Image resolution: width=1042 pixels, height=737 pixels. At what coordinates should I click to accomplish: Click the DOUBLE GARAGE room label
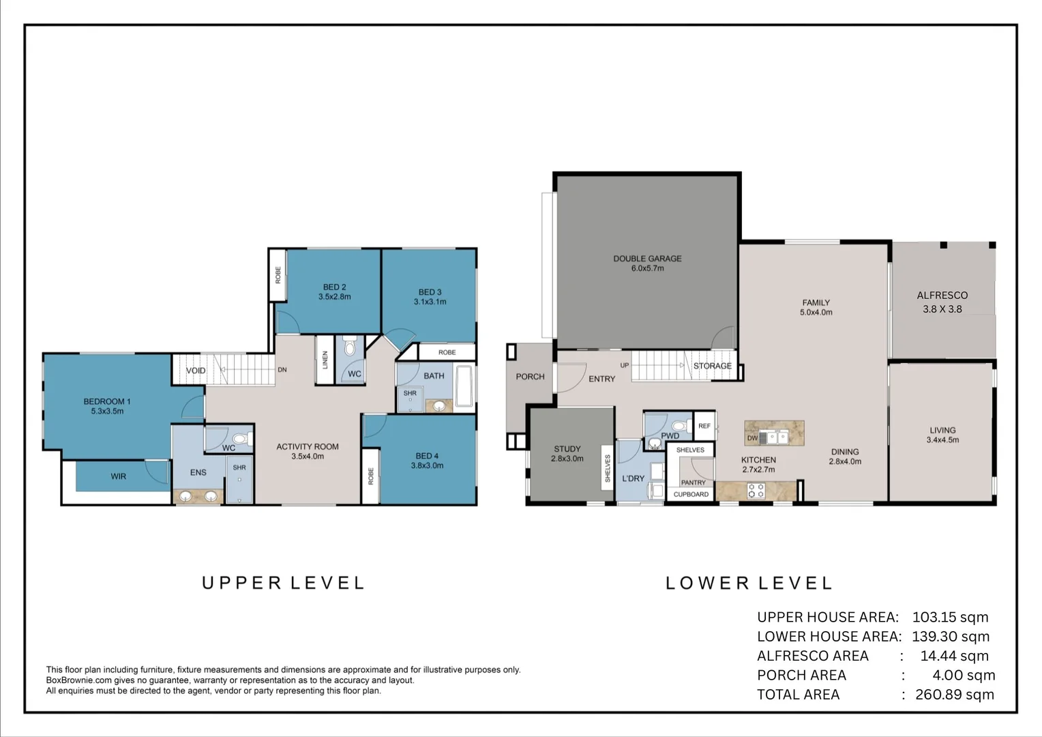[647, 259]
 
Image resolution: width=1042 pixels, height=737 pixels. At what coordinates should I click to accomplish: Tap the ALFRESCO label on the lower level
[942, 295]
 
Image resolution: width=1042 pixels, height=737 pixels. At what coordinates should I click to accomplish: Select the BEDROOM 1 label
[107, 401]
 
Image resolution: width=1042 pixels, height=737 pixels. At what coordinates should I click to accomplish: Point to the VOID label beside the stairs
[196, 371]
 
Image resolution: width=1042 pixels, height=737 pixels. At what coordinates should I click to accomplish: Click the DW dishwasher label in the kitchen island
[752, 438]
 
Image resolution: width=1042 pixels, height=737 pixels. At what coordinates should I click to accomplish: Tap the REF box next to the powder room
[704, 426]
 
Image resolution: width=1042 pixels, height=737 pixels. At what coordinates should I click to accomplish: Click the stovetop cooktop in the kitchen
[756, 490]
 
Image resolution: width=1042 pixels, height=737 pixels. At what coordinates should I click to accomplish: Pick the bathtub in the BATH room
[464, 386]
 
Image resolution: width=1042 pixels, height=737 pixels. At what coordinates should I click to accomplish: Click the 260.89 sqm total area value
[954, 695]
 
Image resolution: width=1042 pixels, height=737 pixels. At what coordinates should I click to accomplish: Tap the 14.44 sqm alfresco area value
[954, 656]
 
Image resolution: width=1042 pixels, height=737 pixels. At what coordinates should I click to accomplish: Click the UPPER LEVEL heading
[283, 583]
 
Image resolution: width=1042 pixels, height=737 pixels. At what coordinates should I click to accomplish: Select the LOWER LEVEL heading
[749, 583]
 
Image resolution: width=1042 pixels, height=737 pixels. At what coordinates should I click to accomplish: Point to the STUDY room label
[567, 449]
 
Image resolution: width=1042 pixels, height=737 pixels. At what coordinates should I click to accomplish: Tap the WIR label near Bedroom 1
[119, 476]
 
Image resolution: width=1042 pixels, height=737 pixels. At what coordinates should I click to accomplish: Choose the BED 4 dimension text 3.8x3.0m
[427, 465]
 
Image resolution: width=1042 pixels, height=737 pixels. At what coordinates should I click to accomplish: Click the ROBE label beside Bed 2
[278, 275]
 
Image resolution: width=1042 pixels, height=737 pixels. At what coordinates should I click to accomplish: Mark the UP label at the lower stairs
[625, 366]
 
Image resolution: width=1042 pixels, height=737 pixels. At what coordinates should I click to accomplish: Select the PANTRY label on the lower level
[693, 482]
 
